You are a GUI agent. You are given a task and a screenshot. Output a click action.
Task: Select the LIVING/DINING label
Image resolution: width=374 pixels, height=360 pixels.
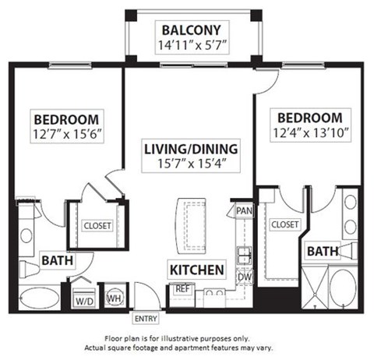pos(190,148)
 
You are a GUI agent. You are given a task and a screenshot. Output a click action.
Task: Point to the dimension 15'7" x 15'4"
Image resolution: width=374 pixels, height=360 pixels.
pos(190,164)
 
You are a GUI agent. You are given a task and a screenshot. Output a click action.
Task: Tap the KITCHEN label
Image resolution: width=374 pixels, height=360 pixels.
pos(196,270)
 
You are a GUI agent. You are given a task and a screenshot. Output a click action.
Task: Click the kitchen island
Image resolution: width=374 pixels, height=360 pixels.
pos(191,224)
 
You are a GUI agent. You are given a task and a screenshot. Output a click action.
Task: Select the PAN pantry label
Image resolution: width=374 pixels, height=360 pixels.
pos(243,211)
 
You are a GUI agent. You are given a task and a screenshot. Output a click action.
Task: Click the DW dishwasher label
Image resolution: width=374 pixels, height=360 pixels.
pos(243,276)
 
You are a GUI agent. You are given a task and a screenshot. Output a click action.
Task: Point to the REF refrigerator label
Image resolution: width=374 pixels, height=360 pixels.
pos(182,288)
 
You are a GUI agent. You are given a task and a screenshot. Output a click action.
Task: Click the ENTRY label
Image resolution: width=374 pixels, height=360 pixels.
pos(144,319)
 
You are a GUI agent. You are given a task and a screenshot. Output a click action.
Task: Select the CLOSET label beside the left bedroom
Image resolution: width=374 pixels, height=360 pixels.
pos(97,225)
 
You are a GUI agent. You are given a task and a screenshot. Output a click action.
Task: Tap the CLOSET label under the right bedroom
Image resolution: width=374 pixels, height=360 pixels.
pos(284,224)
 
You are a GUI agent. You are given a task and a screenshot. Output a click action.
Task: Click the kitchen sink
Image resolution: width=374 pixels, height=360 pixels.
pos(243,255)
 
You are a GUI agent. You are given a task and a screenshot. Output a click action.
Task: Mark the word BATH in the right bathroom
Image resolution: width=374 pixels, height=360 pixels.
pos(322,251)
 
